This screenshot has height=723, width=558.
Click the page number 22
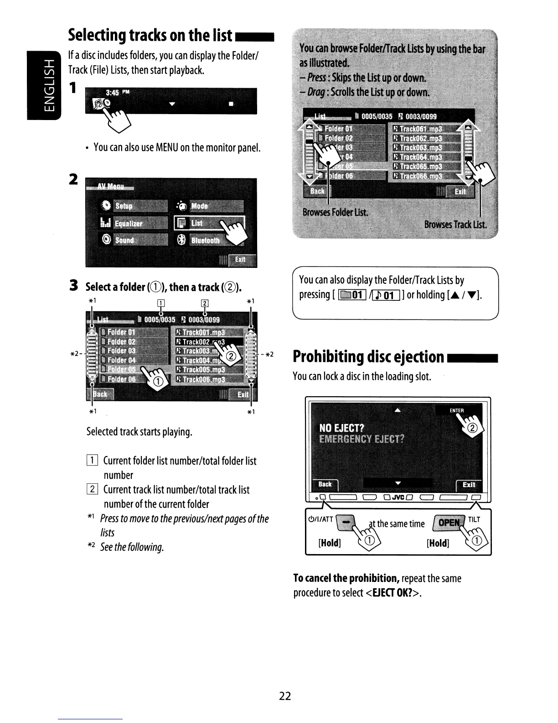[x=285, y=696]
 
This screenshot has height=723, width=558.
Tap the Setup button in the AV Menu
[x=132, y=206]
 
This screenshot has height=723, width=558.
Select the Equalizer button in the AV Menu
[x=132, y=223]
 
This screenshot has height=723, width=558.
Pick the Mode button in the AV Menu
[x=209, y=206]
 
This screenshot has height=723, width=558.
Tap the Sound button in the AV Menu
[x=132, y=240]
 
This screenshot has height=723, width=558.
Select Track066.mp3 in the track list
[x=423, y=177]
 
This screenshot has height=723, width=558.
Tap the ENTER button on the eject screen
[x=456, y=410]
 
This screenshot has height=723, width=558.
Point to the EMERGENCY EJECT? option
[x=361, y=439]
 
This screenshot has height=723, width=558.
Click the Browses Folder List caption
[x=336, y=213]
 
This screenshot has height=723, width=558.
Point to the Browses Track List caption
[x=455, y=225]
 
